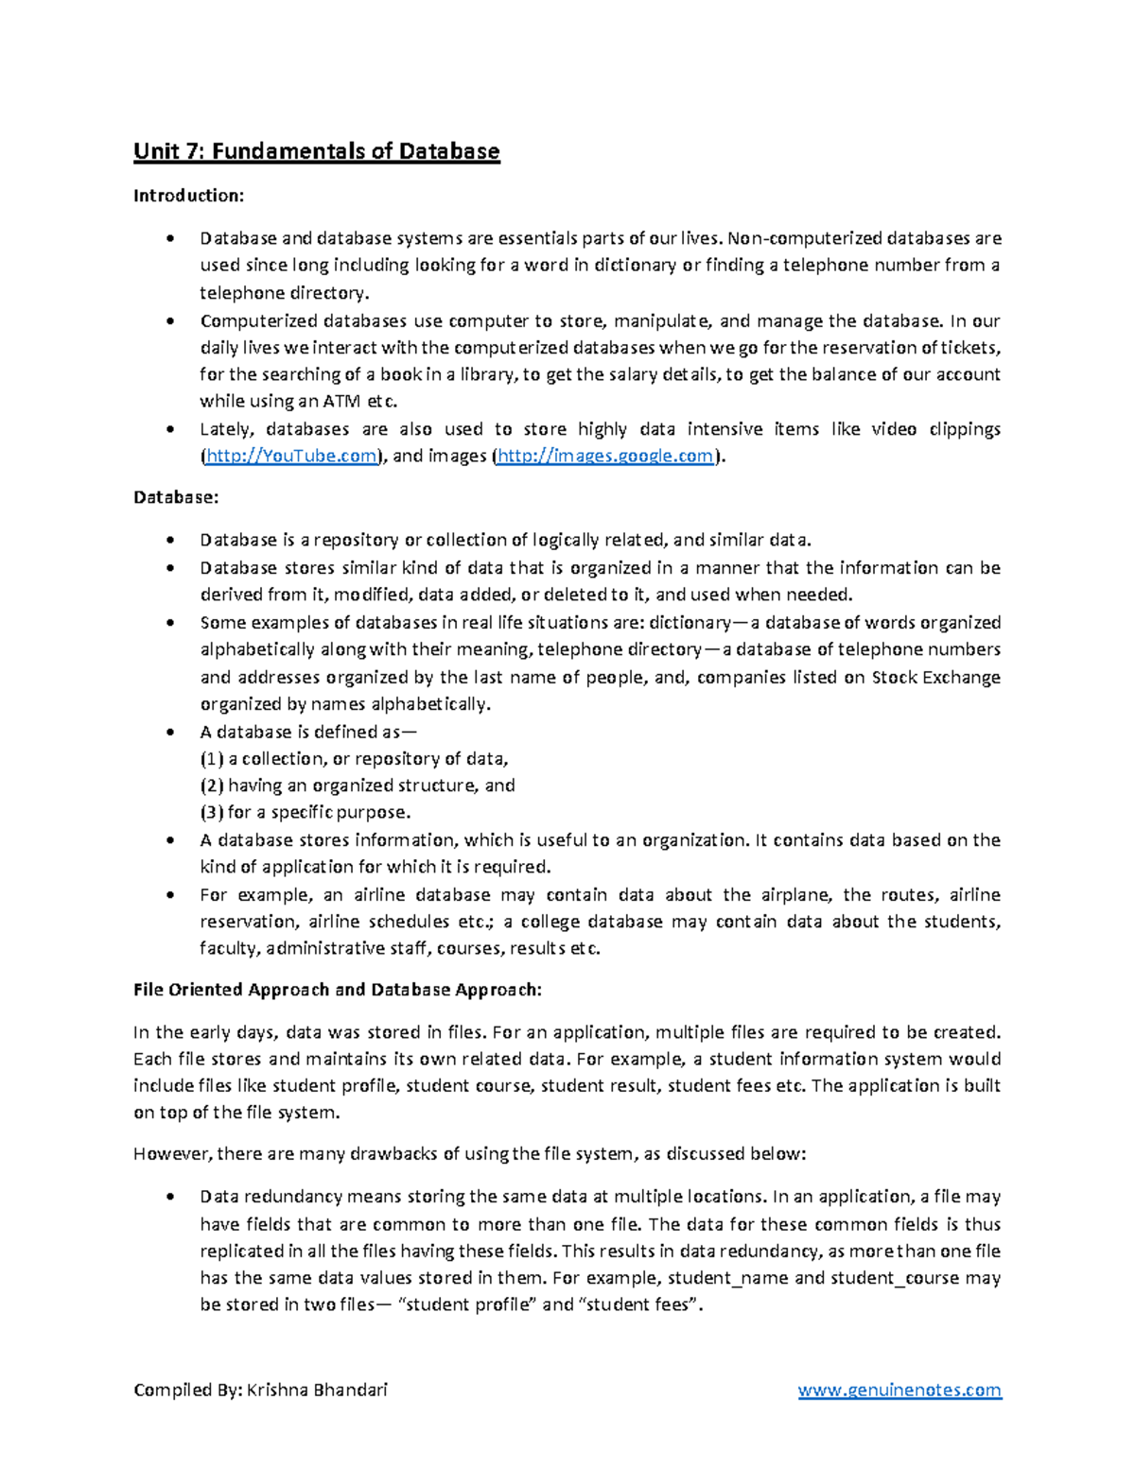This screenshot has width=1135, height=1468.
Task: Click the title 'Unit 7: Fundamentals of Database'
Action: point(316,151)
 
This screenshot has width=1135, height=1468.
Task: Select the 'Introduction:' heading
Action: point(189,196)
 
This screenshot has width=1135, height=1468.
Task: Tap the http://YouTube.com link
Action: point(291,457)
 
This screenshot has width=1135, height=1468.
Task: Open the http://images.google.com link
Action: point(605,457)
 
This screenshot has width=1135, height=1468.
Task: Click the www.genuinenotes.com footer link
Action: point(899,1390)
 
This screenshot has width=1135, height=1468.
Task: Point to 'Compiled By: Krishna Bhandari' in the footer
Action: point(261,1390)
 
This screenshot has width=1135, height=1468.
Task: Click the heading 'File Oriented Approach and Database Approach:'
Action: point(338,990)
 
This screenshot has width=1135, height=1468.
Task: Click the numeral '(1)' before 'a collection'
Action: point(212,759)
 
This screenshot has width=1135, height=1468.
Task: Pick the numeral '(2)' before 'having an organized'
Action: point(212,786)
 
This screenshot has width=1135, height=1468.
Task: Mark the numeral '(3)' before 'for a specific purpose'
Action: point(212,813)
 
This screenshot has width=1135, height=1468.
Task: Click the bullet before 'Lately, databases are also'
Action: point(169,430)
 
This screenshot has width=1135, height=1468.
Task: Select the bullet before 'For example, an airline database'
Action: point(169,895)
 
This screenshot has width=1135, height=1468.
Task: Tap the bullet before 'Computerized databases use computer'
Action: point(169,321)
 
